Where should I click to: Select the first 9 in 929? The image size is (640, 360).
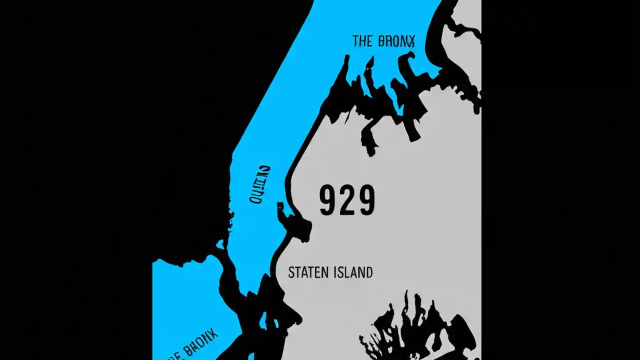[329, 200]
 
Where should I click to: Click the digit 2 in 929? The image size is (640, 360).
[347, 200]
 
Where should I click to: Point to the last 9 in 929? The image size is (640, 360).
[366, 200]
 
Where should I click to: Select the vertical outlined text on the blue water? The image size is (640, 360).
[260, 184]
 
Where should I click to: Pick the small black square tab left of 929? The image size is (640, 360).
[280, 205]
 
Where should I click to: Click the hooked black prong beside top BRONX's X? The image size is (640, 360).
[409, 59]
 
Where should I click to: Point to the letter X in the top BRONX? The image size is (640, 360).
[411, 41]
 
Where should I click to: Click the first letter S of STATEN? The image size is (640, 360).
[291, 272]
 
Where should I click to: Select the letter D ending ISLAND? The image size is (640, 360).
[368, 272]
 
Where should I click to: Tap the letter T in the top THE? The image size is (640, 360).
[355, 41]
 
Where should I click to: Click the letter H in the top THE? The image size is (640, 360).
[361, 41]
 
